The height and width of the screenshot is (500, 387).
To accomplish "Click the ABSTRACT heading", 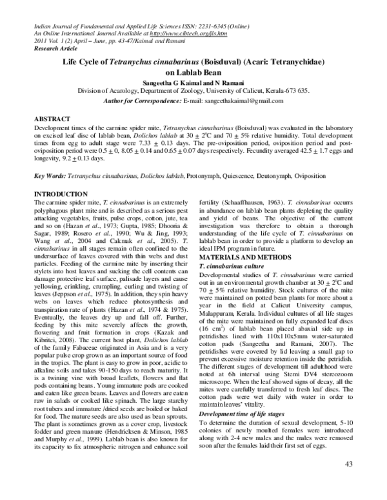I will [x=52, y=120].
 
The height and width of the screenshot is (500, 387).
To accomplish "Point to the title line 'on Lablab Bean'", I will [x=193, y=73].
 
